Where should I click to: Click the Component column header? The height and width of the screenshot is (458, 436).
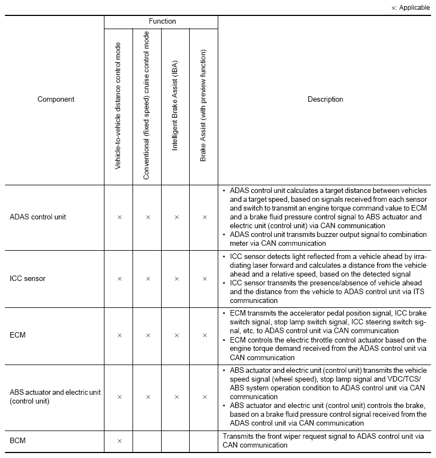coord(56,100)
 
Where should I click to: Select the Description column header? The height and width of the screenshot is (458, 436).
coord(325,100)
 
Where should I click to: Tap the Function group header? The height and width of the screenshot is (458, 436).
coord(162,21)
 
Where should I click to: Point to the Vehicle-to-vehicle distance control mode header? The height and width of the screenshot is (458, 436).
coord(118,106)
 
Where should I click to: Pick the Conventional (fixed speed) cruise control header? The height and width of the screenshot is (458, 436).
coord(147,106)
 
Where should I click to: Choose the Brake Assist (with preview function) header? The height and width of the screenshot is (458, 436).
coord(203,106)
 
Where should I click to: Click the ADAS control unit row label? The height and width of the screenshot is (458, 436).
coord(38,217)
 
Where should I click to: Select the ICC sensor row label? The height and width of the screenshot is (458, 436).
coord(27,279)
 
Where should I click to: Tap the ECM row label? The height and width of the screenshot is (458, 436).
coord(18,335)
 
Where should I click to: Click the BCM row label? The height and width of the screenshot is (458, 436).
coord(18,441)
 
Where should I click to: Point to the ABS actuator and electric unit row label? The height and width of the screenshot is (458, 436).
coord(55,397)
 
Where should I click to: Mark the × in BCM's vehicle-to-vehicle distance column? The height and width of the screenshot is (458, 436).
coord(119,441)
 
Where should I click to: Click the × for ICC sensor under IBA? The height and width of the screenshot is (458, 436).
coord(176,279)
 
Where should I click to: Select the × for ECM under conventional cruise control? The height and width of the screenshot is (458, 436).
coord(147,335)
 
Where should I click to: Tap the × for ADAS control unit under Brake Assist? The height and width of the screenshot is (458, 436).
coord(205,217)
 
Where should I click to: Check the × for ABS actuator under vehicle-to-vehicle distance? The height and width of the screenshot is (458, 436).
coord(119,397)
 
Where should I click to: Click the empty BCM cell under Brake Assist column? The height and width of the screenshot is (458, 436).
coord(204,441)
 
